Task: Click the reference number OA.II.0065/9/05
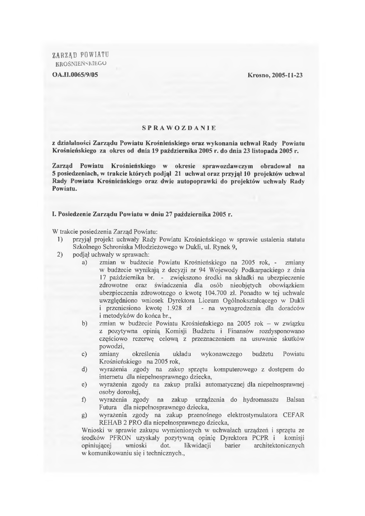75,75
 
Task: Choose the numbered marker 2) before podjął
59,254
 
